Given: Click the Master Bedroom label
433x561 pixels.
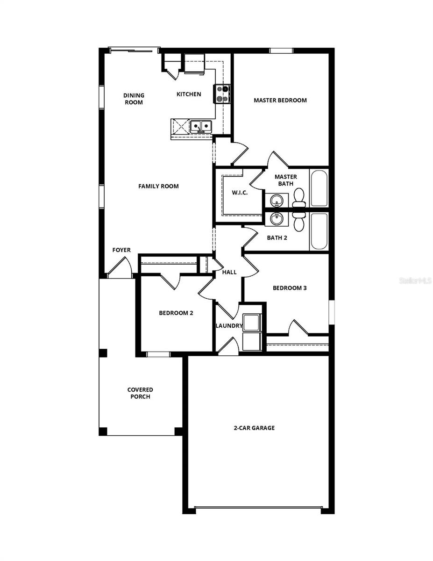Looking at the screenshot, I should [x=280, y=100].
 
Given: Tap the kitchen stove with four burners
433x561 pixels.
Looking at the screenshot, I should [x=222, y=93].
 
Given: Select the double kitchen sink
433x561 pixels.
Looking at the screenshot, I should [x=201, y=126].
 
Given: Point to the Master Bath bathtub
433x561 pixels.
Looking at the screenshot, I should [x=319, y=188].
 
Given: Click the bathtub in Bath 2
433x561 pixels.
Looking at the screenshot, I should [x=319, y=231].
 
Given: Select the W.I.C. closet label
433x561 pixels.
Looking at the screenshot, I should [x=240, y=193].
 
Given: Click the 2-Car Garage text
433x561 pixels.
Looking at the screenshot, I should [x=254, y=428].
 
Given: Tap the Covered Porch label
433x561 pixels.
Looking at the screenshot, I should [x=140, y=393].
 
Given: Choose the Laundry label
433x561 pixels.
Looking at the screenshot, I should [x=229, y=326].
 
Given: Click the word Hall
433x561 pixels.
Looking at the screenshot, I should [x=229, y=272].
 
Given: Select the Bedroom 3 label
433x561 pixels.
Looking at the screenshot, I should [x=290, y=288].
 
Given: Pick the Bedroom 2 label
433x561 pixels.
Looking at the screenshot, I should [x=176, y=313].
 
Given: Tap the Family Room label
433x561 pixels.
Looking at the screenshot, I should [x=158, y=186].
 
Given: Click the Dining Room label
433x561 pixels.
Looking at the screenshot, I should [x=134, y=99].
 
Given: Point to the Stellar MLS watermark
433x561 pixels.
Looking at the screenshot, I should [x=415, y=281].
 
